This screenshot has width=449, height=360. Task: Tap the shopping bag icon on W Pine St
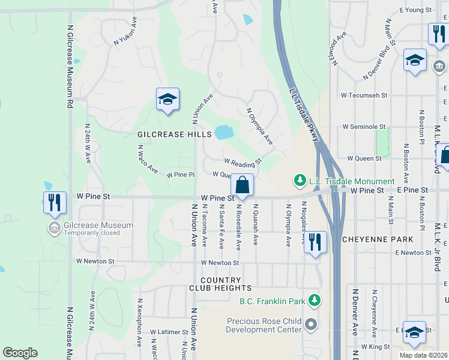(242, 185)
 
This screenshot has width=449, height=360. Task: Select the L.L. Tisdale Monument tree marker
(300, 181)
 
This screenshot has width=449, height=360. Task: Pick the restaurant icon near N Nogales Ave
(315, 242)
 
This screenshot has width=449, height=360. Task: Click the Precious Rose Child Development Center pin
(310, 325)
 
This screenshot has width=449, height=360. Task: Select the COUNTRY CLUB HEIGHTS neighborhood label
(221, 284)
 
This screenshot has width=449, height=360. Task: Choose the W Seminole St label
(363, 127)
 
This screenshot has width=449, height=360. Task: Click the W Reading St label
(243, 163)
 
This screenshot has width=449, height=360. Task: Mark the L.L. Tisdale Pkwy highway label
(305, 115)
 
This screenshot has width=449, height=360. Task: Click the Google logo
(20, 353)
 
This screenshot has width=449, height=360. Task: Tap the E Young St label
(415, 10)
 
